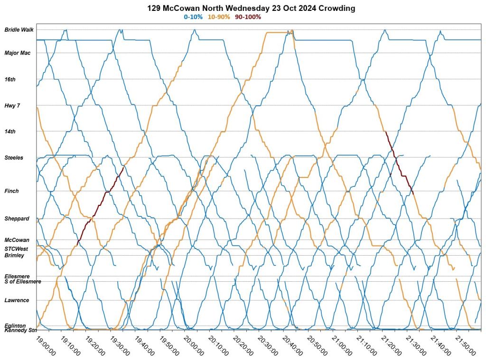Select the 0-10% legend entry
193,17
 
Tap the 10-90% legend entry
219,17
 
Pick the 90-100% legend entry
248,17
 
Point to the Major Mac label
18,53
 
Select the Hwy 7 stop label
12,105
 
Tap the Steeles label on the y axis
14,157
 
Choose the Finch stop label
11,191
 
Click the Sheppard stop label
17,219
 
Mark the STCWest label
17,249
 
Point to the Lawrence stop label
17,300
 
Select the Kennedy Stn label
20,330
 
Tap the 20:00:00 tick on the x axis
195,346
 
